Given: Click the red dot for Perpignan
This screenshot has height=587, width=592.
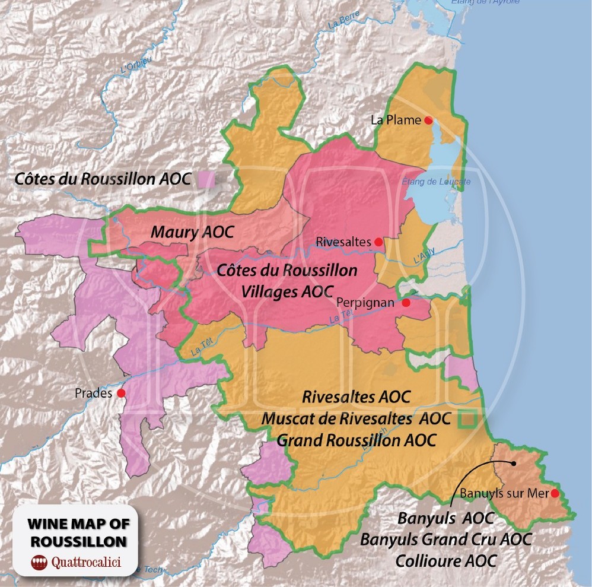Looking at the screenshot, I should (406, 303).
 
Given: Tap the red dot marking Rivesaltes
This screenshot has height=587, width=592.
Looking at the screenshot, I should (379, 242).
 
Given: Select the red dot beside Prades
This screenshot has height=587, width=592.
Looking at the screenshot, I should (121, 393).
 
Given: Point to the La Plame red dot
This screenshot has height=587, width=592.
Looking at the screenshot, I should (428, 120).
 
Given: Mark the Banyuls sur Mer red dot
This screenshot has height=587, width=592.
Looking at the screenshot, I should (555, 493).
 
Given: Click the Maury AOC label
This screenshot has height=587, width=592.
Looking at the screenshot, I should (192, 232).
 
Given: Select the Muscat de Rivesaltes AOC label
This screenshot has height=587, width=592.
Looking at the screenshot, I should (356, 418).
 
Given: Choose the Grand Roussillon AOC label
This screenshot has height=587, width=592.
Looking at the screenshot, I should (357, 440).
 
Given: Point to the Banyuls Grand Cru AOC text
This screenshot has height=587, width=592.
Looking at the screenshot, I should (445, 540).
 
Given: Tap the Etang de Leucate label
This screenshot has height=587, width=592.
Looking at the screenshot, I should (436, 182).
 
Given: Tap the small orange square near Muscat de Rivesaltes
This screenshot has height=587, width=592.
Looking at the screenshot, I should (469, 418).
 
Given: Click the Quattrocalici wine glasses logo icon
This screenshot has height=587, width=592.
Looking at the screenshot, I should (39, 561).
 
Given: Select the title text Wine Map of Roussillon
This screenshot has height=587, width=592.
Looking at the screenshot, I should (78, 532).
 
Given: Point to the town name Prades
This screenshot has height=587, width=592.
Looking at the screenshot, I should (94, 393).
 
